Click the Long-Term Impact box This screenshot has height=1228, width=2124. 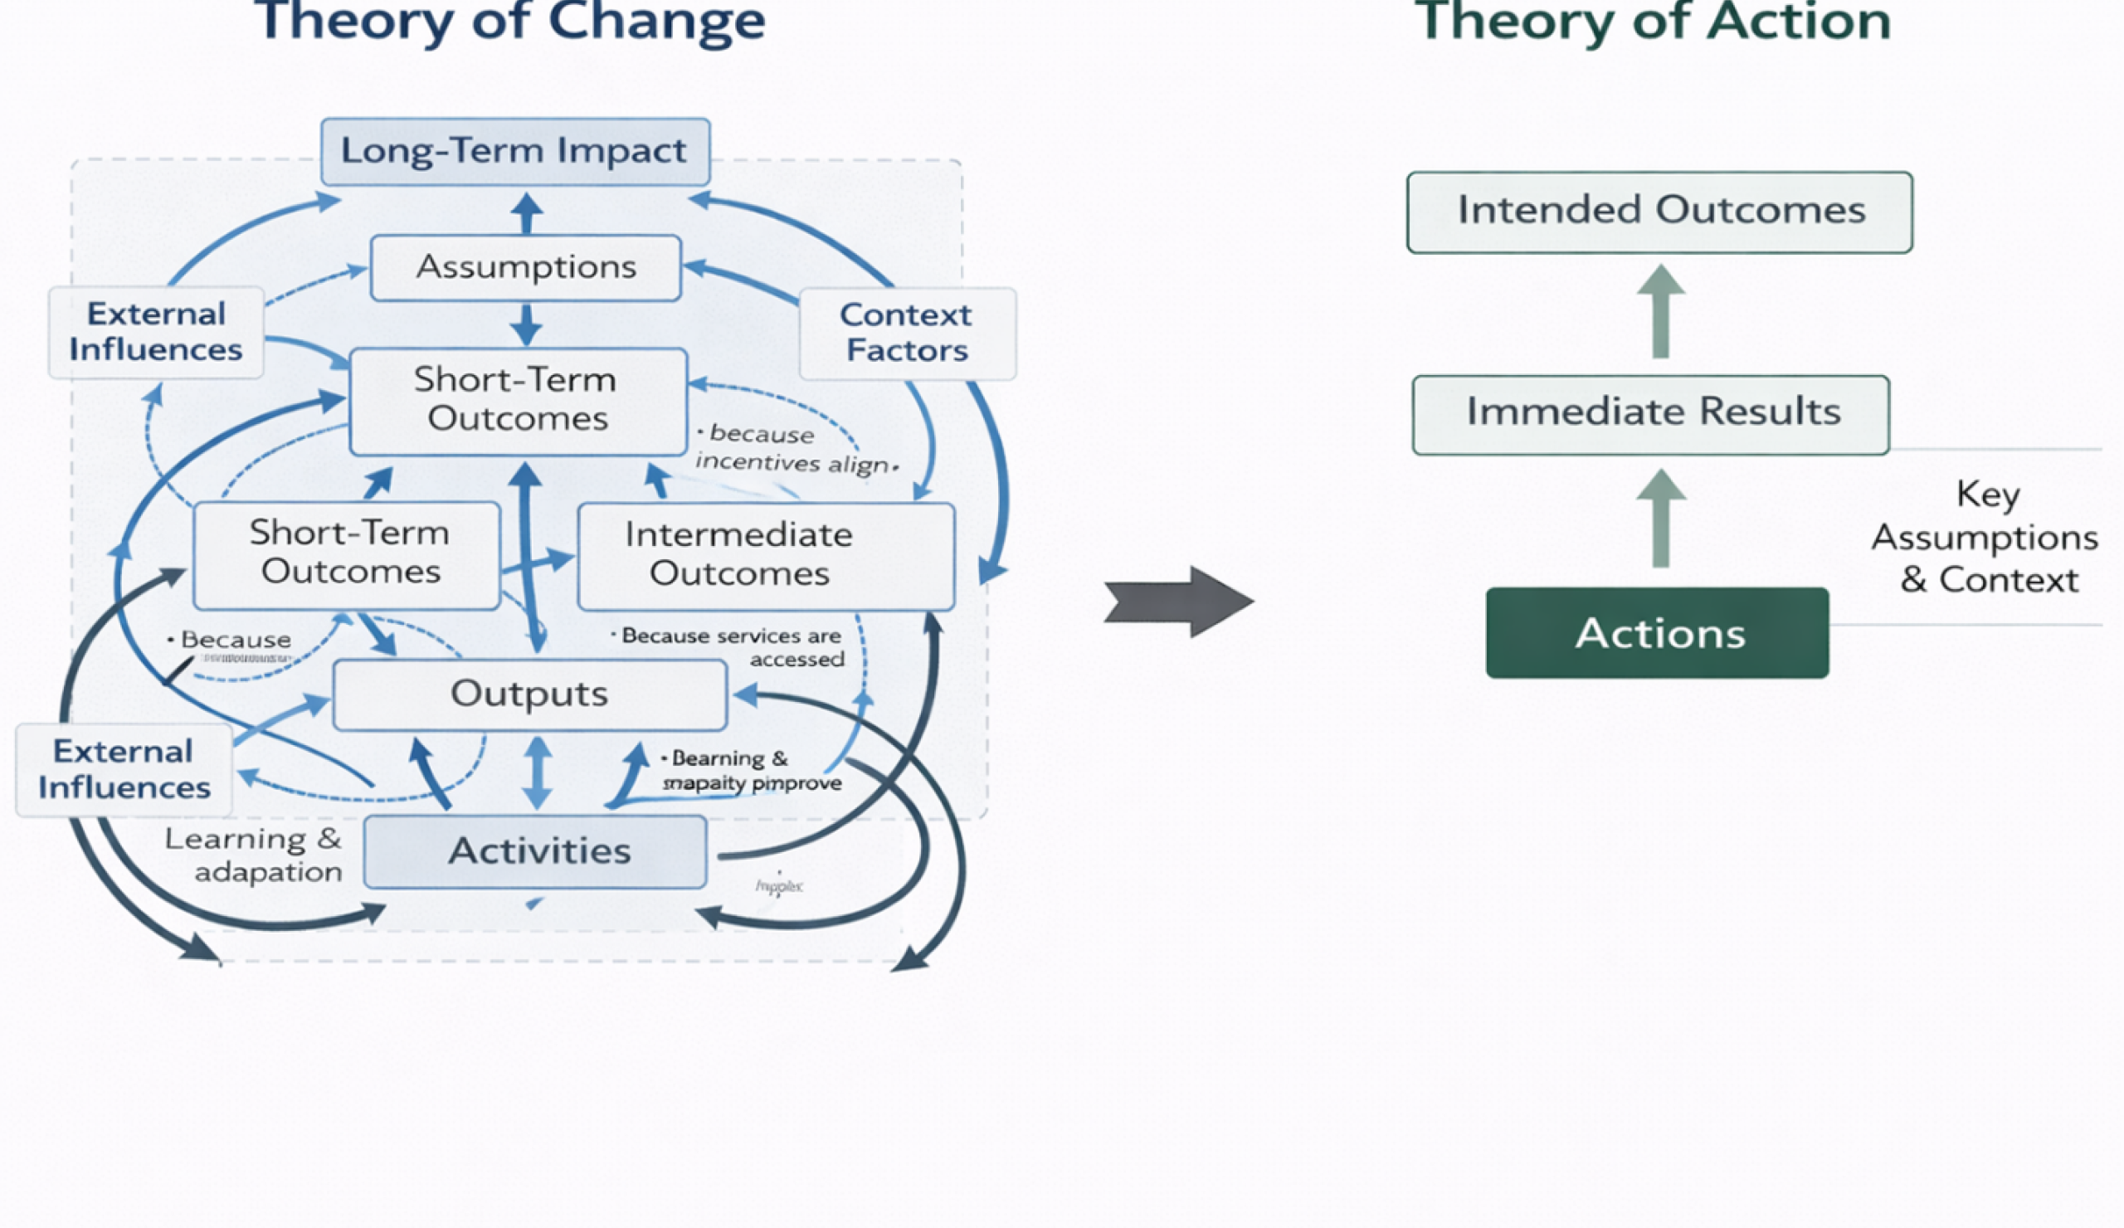[x=515, y=152]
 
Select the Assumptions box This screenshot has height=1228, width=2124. [x=526, y=268]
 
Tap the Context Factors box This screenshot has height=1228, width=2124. [x=907, y=333]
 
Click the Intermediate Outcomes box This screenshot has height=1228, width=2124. [x=765, y=556]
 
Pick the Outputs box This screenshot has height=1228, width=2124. [x=529, y=694]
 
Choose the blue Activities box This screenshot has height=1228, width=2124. [x=536, y=851]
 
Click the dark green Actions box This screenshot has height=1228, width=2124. [x=1657, y=633]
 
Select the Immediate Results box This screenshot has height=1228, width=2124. [x=1650, y=414]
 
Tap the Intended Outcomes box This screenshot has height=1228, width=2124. [x=1659, y=212]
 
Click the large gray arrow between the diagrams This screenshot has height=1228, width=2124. [x=1180, y=602]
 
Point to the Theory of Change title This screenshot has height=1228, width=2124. [x=510, y=21]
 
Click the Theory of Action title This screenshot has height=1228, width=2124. [x=1652, y=21]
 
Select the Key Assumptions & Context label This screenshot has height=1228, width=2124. [x=1985, y=537]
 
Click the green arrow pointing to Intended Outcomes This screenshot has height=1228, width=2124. [x=1660, y=311]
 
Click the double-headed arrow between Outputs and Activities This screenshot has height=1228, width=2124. [x=537, y=772]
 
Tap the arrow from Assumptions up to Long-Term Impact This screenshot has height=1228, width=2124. [x=527, y=212]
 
